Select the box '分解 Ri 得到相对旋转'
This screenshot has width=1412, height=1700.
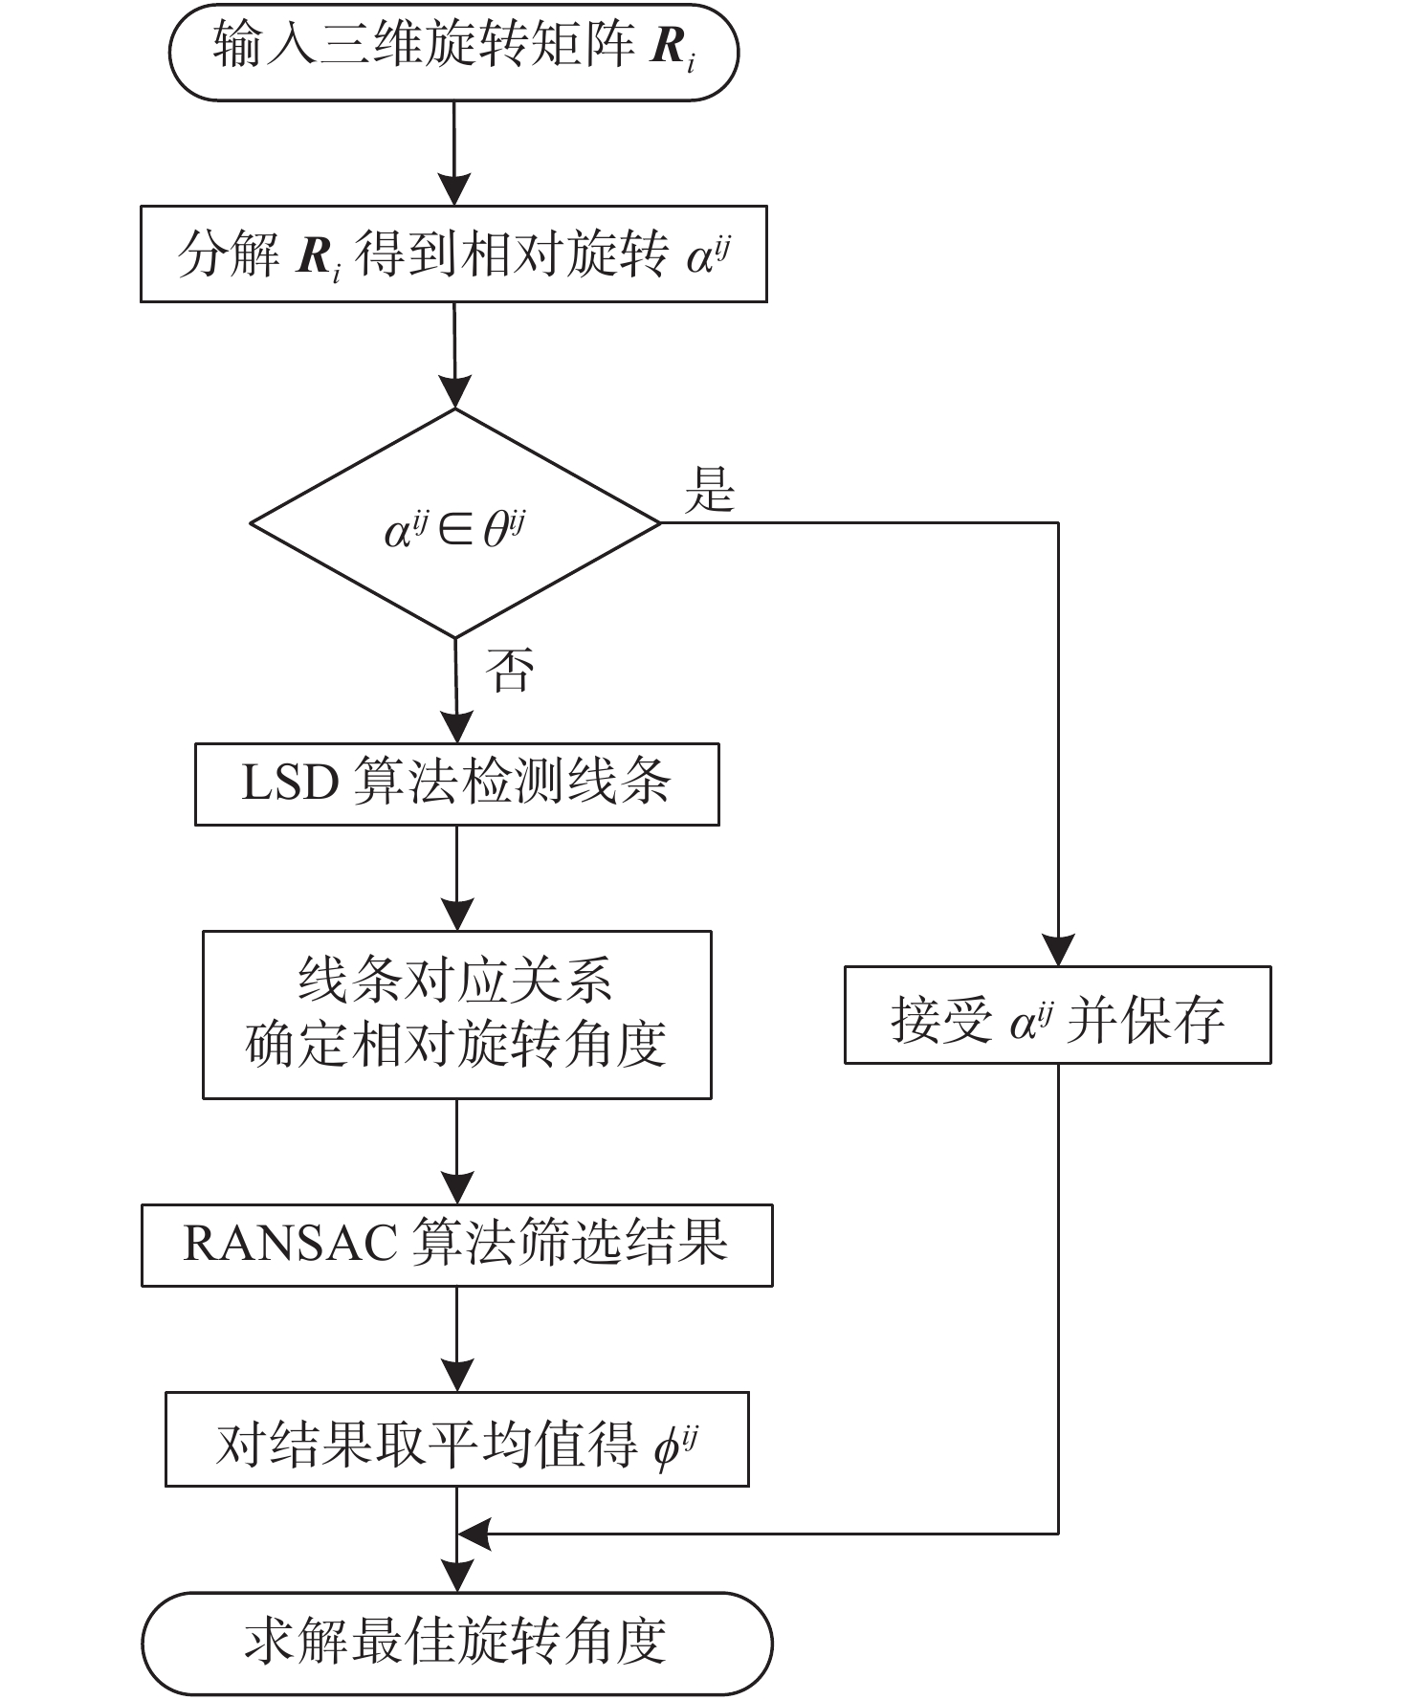click(453, 254)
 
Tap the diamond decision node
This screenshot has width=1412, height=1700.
click(455, 523)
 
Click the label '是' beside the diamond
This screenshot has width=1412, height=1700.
click(710, 490)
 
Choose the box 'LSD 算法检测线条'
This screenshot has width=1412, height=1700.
click(457, 784)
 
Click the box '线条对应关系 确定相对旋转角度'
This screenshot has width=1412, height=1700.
click(457, 1014)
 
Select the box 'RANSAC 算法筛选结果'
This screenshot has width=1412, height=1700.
click(457, 1245)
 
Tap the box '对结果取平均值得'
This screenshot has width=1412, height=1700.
click(457, 1439)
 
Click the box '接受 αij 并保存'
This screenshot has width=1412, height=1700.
click(1058, 1015)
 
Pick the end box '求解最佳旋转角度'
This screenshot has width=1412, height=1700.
click(457, 1643)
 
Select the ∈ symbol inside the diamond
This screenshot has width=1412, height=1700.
click(455, 530)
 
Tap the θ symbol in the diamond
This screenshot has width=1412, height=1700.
click(495, 529)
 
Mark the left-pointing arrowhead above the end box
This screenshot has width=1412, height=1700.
click(474, 1534)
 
